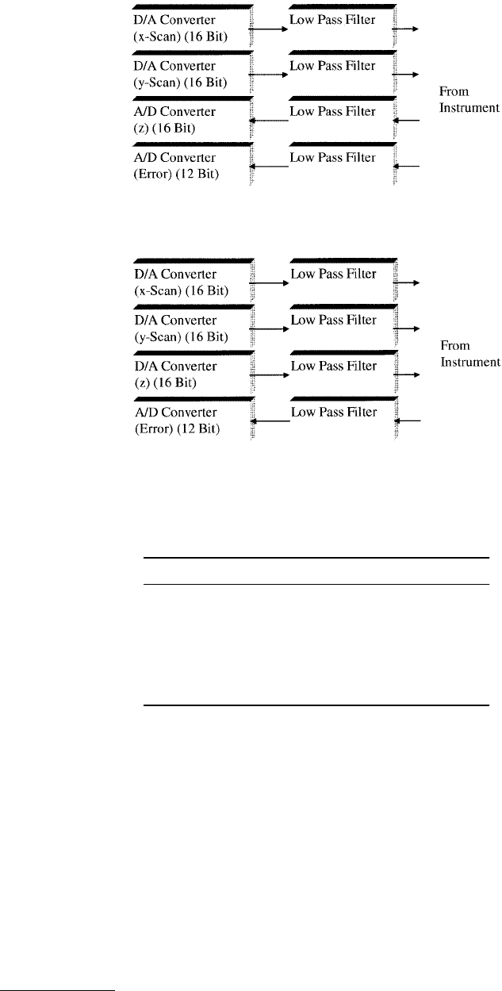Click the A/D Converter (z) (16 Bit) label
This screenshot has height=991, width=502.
(x=174, y=120)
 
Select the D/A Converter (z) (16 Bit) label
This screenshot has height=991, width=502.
(x=175, y=374)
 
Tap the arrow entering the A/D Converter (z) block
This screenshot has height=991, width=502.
(x=269, y=121)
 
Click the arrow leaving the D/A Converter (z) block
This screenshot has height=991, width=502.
(x=270, y=375)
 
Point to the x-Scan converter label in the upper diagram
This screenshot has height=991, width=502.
(x=181, y=28)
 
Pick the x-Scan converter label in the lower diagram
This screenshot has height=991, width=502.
(x=182, y=282)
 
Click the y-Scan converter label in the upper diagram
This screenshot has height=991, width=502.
(x=181, y=74)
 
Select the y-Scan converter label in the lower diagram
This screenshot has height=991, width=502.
(x=182, y=328)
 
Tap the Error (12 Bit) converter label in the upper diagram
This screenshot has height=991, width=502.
(x=176, y=166)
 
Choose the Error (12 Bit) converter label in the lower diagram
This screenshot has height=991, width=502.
(x=178, y=420)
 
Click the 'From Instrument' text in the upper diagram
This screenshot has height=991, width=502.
(x=469, y=99)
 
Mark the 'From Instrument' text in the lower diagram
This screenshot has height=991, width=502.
(x=470, y=354)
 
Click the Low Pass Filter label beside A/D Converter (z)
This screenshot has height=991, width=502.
(x=332, y=112)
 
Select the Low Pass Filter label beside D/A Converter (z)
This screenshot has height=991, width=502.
(x=334, y=366)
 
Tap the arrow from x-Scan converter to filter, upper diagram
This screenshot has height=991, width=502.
(x=269, y=29)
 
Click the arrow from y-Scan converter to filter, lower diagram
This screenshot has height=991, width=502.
(x=270, y=328)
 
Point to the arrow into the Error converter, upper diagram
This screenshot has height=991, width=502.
(x=269, y=167)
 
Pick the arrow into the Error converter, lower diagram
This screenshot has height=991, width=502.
(x=270, y=421)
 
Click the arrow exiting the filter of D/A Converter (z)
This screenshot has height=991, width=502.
(x=407, y=375)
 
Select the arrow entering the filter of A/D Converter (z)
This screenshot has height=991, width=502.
(x=406, y=120)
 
